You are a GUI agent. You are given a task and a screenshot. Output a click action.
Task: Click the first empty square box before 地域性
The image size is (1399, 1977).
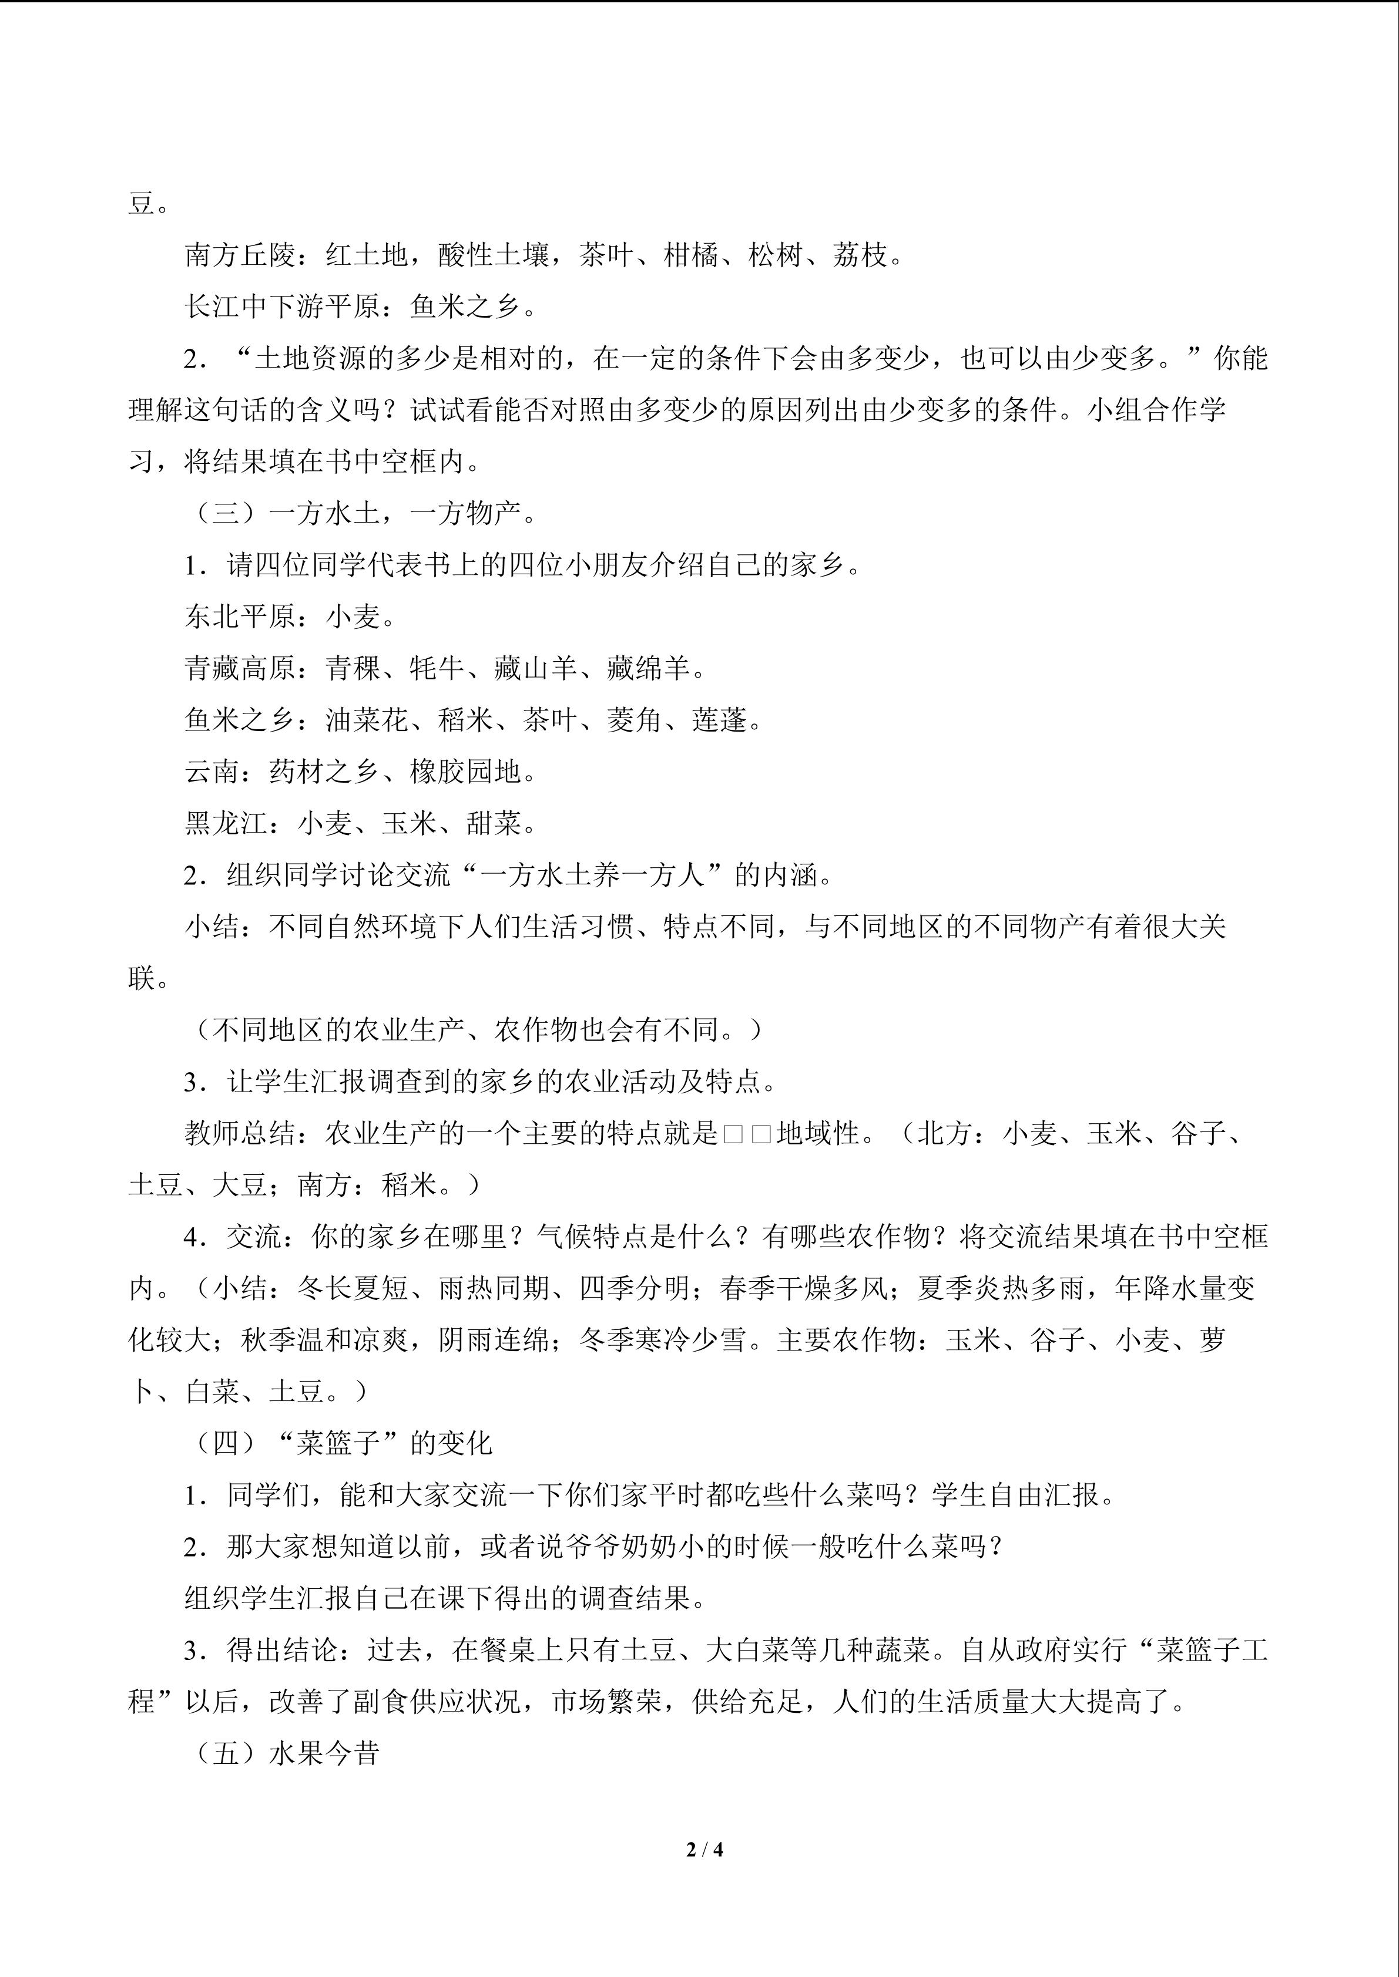(733, 1134)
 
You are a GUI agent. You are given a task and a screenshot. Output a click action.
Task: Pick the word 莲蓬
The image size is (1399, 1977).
(719, 720)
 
